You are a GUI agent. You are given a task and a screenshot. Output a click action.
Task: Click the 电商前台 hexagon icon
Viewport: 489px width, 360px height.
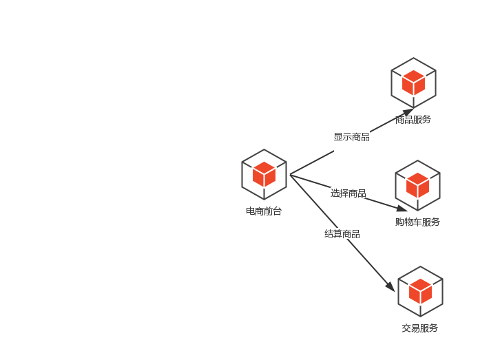coord(264,174)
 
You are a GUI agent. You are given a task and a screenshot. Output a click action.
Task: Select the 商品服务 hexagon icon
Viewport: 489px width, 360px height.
coord(413,83)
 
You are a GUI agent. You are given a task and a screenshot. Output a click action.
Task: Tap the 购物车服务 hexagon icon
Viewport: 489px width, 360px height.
coord(417,185)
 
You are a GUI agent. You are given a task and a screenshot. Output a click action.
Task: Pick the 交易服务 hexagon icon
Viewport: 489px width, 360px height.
coord(420,291)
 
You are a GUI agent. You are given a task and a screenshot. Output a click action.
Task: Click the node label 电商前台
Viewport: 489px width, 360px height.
coord(264,211)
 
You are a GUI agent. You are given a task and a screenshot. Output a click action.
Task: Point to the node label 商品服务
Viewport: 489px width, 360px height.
coord(413,120)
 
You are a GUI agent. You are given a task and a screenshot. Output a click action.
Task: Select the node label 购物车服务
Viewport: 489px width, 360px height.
coord(417,222)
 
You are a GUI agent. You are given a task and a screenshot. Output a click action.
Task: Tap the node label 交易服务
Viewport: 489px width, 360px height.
coord(420,328)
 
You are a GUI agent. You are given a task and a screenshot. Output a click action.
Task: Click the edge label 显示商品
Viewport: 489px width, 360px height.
coord(351,137)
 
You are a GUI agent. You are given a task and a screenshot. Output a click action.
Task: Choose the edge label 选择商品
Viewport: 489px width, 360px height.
coord(348,193)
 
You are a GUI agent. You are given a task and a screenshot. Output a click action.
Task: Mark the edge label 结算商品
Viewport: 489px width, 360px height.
coord(342,234)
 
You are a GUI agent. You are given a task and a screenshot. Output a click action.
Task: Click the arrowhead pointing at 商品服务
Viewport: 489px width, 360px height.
coord(408,112)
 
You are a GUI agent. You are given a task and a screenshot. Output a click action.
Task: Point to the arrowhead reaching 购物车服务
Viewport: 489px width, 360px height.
coord(402,209)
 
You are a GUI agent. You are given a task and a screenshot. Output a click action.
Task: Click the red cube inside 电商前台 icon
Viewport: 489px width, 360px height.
coord(264,174)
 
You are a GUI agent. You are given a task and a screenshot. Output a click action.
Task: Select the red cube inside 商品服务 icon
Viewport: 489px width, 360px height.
coord(413,83)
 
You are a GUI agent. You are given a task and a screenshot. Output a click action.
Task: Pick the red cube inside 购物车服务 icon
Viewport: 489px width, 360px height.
coord(417,185)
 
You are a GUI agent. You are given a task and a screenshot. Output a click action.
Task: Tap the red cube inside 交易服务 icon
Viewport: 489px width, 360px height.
coord(420,291)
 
